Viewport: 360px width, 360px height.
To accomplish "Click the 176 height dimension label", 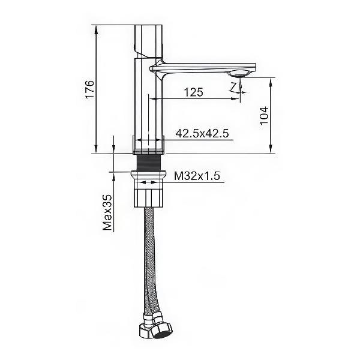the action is point(90,89).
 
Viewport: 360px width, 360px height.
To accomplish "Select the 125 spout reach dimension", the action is point(194,92).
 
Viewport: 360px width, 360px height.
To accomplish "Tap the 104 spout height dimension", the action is point(264,115).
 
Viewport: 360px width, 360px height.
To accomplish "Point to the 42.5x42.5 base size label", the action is point(202,133).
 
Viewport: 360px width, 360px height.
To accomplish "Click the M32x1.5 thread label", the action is point(197,176).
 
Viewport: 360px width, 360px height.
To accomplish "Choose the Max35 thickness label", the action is point(107,212).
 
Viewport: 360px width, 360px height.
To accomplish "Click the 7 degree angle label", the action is point(233,86).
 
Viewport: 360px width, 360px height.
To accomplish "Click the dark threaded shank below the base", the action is point(149,163).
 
